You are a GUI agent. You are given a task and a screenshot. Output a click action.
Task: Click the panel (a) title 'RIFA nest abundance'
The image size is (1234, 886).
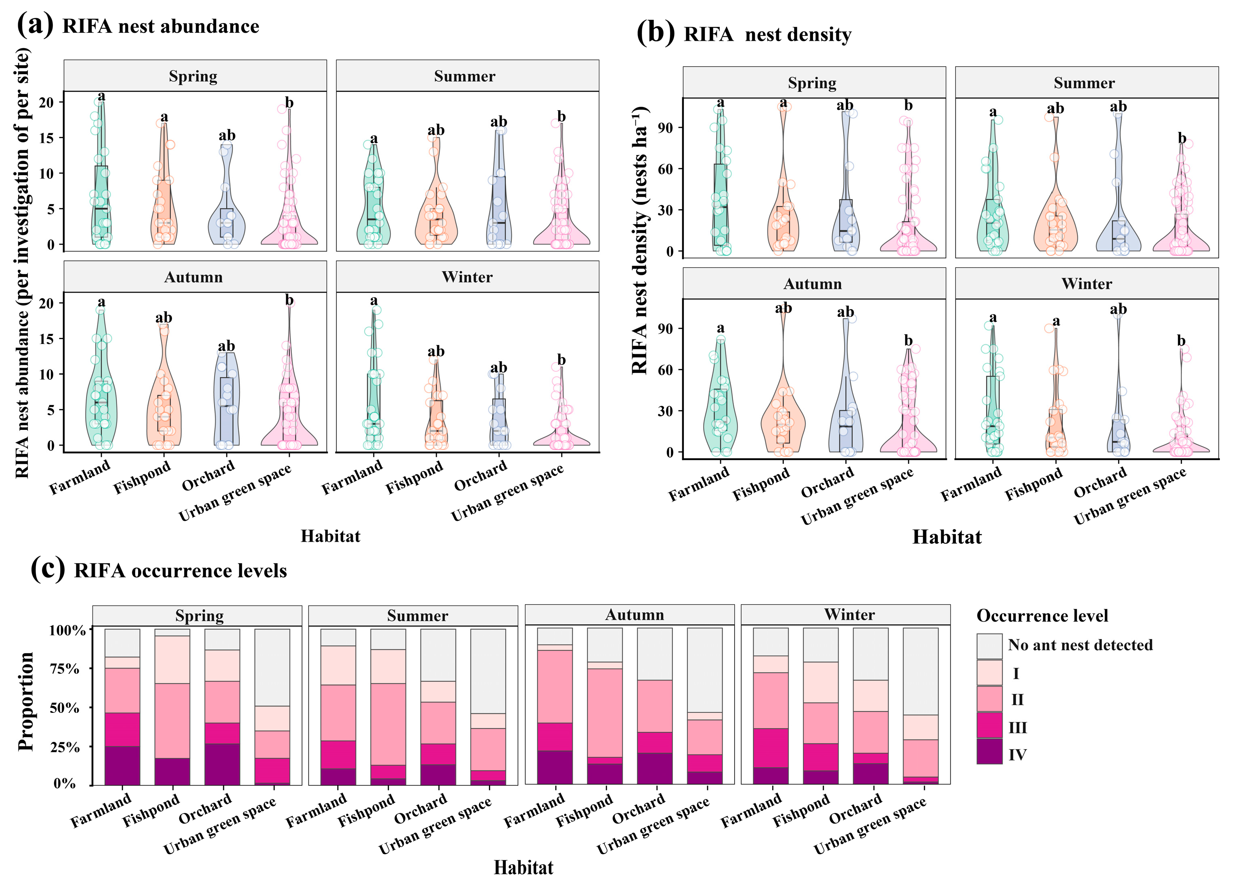click(161, 27)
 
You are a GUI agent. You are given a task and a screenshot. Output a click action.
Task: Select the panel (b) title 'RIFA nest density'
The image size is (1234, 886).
click(767, 35)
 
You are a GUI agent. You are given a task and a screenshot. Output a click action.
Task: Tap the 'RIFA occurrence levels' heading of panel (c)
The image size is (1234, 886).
click(180, 571)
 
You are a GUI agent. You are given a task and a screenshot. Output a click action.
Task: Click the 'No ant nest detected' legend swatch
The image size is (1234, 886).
click(989, 646)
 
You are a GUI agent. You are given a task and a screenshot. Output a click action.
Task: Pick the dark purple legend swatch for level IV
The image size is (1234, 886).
click(989, 752)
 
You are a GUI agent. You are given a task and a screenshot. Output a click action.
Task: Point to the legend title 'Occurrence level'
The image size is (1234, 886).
click(1042, 616)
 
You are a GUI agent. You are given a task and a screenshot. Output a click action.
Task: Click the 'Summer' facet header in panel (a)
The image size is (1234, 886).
click(465, 77)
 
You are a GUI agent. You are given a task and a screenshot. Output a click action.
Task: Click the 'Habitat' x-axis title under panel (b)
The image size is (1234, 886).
click(947, 538)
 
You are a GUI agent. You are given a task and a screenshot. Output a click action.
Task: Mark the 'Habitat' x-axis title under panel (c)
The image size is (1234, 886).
click(524, 867)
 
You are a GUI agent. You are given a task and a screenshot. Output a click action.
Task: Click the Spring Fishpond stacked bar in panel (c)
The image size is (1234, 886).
click(172, 708)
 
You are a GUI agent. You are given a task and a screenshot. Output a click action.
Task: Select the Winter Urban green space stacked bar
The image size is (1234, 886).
click(920, 708)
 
